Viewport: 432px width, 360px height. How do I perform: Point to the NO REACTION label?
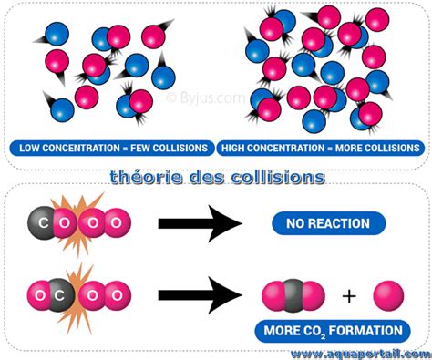click(x=329, y=223)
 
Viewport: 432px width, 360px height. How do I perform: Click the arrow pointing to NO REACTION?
click(x=200, y=223)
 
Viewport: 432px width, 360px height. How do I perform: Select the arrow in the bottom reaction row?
click(x=200, y=294)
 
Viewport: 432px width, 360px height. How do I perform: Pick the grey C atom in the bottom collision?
click(x=60, y=294)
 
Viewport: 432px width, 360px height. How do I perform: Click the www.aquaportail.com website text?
click(x=359, y=352)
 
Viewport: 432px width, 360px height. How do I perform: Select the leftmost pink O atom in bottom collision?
click(x=37, y=294)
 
